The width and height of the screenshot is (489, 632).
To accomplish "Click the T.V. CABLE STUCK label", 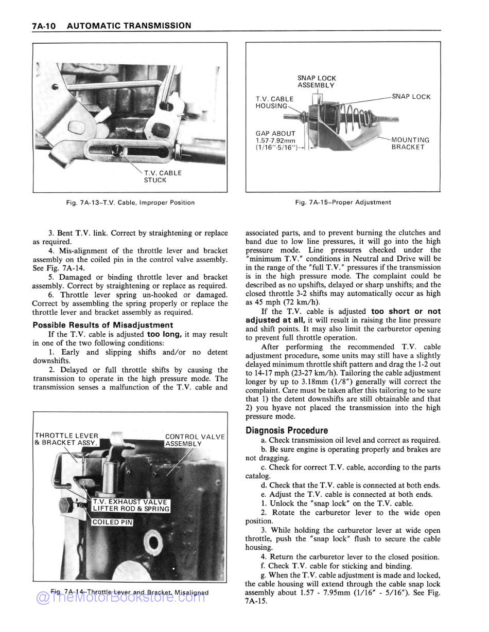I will pyautogui.click(x=162, y=176).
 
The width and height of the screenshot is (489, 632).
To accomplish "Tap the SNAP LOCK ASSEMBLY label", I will pyautogui.click(x=316, y=82).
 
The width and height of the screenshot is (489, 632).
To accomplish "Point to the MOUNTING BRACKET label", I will pyautogui.click(x=410, y=143).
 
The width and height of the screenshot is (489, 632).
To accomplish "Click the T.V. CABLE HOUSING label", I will pyautogui.click(x=274, y=102).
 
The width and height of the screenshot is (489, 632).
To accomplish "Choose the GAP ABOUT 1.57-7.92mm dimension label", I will pyautogui.click(x=276, y=140).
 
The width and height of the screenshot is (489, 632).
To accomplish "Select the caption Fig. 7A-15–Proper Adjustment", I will pyautogui.click(x=343, y=203).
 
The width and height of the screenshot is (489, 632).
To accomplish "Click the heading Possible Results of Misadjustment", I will pyautogui.click(x=103, y=325).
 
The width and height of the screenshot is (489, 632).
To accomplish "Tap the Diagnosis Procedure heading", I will pyautogui.click(x=287, y=430).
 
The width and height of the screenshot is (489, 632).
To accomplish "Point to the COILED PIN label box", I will pyautogui.click(x=112, y=522).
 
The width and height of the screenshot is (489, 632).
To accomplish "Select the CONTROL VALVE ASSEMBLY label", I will pyautogui.click(x=194, y=440).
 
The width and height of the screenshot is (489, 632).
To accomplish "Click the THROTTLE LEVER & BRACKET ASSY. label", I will pyautogui.click(x=66, y=439).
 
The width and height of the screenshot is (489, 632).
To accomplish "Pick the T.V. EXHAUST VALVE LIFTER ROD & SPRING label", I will pyautogui.click(x=130, y=505).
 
